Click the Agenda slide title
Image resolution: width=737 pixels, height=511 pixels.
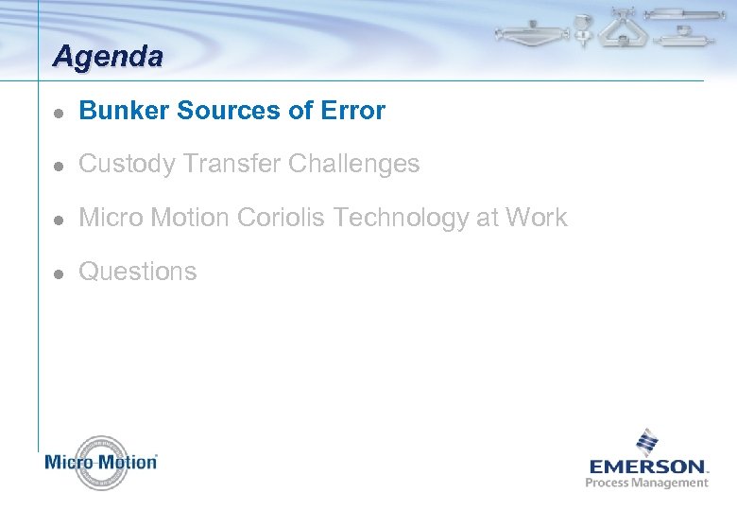pyautogui.click(x=108, y=57)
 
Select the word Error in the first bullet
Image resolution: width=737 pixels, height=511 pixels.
pyautogui.click(x=352, y=111)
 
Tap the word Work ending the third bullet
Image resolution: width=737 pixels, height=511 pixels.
pyautogui.click(x=536, y=218)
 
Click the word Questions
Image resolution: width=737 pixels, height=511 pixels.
pyautogui.click(x=138, y=272)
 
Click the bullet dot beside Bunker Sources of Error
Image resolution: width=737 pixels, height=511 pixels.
pyautogui.click(x=58, y=112)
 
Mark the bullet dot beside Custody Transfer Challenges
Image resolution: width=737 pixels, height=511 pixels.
pyautogui.click(x=58, y=166)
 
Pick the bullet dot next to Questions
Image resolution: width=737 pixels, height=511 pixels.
pyautogui.click(x=58, y=273)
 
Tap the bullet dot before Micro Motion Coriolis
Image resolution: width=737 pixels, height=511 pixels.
pyautogui.click(x=58, y=219)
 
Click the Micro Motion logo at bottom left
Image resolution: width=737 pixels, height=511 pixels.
pyautogui.click(x=101, y=463)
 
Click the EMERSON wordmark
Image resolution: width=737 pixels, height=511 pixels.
pyautogui.click(x=648, y=467)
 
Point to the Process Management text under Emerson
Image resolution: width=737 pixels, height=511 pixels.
pyautogui.click(x=647, y=483)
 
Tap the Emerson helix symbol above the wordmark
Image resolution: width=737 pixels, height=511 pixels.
pyautogui.click(x=647, y=442)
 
